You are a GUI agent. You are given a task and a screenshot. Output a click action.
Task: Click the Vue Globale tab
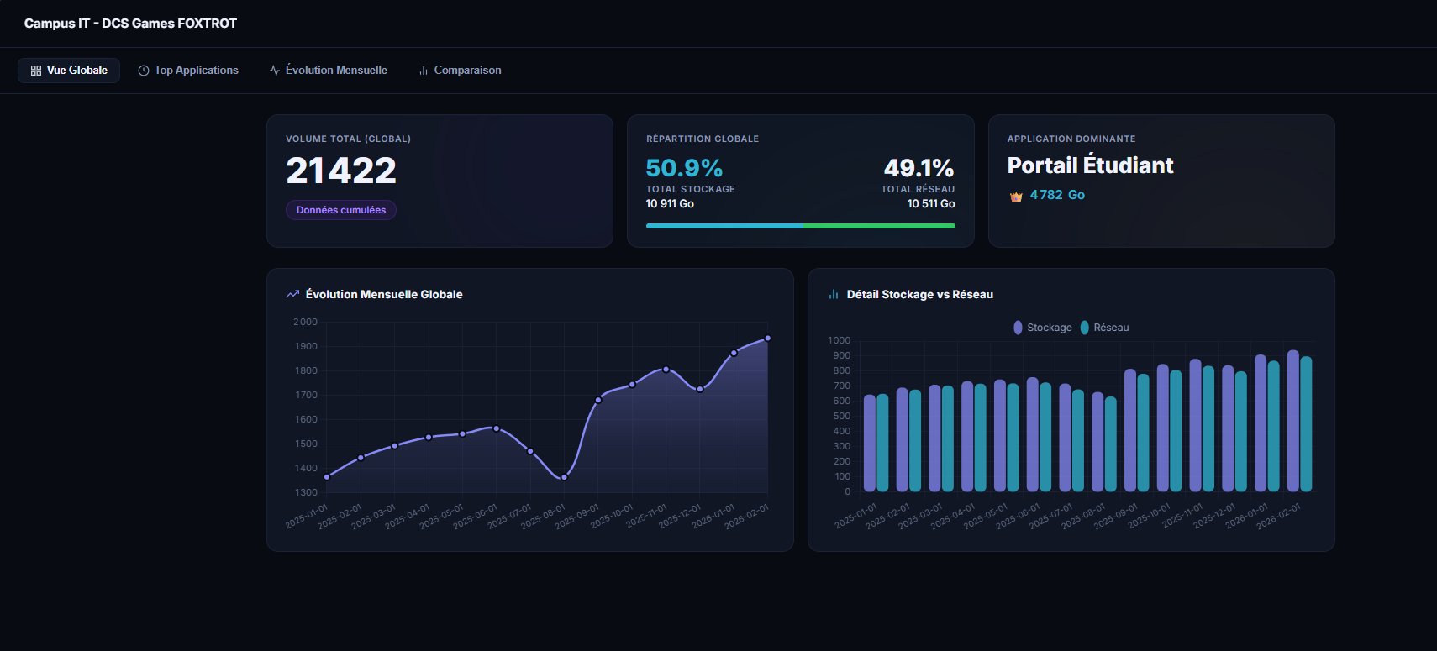click(x=69, y=71)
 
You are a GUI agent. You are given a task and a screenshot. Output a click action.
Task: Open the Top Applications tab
click(x=188, y=71)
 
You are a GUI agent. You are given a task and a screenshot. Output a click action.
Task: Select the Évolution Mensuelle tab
click(x=329, y=71)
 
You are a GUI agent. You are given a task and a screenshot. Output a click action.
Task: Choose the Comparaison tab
click(x=460, y=71)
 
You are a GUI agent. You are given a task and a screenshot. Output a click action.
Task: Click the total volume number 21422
click(x=341, y=171)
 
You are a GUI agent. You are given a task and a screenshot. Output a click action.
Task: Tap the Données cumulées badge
click(x=341, y=210)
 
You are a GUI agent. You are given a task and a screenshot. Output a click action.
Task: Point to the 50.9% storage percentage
click(x=684, y=168)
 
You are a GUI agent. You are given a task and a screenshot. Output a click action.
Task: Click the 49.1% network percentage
click(x=919, y=168)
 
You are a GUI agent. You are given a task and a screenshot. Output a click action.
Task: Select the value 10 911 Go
click(x=670, y=204)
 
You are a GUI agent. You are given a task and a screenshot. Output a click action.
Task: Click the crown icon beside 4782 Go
click(x=1016, y=196)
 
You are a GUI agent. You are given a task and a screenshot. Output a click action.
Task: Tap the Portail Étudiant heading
click(x=1090, y=165)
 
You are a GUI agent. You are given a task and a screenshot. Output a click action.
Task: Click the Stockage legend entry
click(x=1043, y=328)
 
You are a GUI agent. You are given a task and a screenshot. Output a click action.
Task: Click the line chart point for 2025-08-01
click(x=564, y=477)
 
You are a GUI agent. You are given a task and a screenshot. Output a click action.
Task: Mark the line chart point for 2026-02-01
click(x=767, y=339)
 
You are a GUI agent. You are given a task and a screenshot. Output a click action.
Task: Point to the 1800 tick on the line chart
click(x=306, y=370)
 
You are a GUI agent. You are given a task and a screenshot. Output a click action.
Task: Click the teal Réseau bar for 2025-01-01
click(x=882, y=444)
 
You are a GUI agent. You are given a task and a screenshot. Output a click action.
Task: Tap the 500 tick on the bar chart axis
click(x=840, y=417)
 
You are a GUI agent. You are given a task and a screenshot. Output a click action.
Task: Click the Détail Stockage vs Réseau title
click(x=919, y=295)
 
